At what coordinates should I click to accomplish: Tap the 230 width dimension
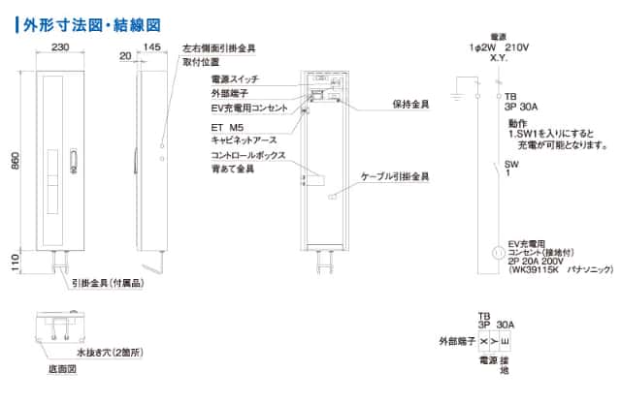pos(60,46)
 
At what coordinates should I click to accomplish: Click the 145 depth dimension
pos(151,46)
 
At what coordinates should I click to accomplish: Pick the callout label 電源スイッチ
pos(234,78)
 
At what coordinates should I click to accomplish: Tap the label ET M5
pos(226,125)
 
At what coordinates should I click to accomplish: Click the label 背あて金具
pos(232,169)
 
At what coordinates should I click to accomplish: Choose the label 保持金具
pos(411,103)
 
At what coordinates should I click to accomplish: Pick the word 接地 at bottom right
pos(505,366)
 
